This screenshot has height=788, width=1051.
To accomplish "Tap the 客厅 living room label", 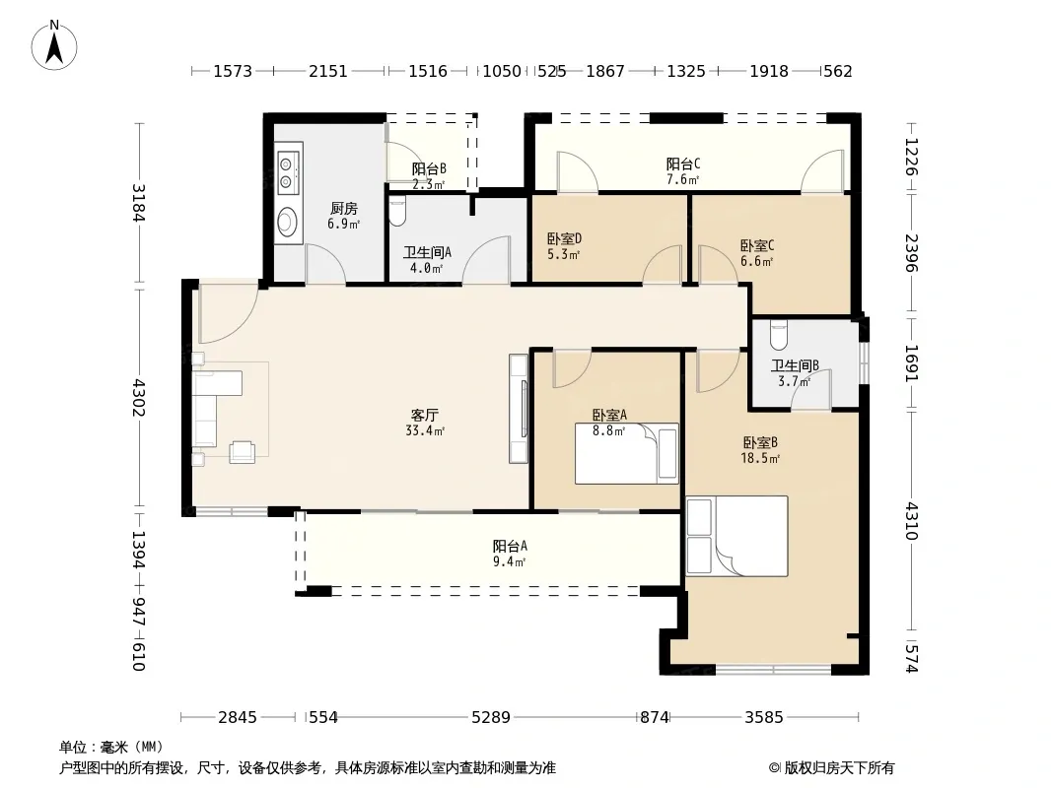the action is (424, 415).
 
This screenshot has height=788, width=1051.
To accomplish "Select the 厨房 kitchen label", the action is (344, 208).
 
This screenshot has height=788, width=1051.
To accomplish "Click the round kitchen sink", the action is (288, 221).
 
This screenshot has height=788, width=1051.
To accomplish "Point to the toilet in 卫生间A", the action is (397, 210).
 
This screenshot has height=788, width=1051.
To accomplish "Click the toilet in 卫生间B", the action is (778, 336).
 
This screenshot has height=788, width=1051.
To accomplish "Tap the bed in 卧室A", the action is (627, 453).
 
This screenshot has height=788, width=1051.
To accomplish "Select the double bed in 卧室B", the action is (736, 536).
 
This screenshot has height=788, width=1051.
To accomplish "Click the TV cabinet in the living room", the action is (519, 409).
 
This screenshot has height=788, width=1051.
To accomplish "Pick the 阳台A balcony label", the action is (510, 546).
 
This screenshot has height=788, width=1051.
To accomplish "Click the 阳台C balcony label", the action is (683, 164).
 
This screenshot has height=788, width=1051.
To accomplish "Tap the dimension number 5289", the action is (491, 717).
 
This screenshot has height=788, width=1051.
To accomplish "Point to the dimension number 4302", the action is (138, 397).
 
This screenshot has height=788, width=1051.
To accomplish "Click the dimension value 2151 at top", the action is (327, 71).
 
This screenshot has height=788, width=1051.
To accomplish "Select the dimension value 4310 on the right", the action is (911, 520).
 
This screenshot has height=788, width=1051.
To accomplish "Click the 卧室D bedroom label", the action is (564, 238).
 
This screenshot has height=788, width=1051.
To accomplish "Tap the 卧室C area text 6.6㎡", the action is (757, 261).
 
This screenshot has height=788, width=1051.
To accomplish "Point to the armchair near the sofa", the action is (242, 452).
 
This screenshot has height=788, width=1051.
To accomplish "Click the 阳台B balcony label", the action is (429, 168).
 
